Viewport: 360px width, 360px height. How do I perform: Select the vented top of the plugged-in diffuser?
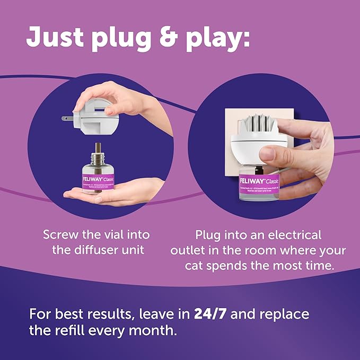click(258, 128)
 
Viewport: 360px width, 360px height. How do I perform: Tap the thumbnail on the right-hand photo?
click(270, 154)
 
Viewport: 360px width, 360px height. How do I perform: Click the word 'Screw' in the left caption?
click(62, 234)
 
